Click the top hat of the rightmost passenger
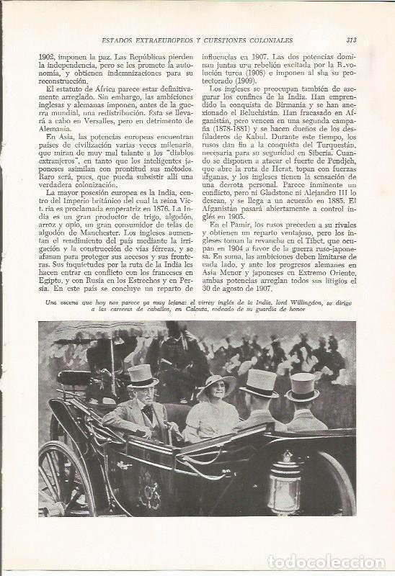(302, 386)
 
